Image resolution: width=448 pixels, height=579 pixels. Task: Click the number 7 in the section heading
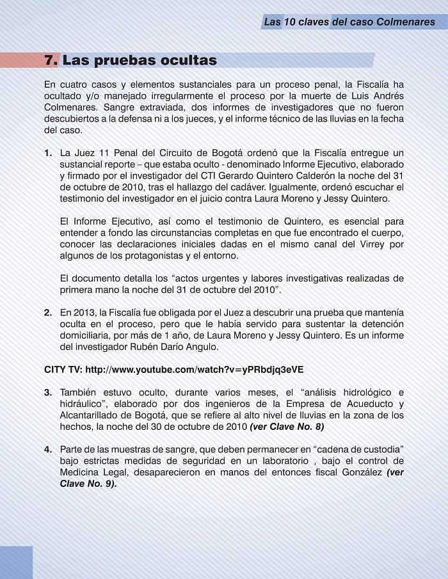(50, 61)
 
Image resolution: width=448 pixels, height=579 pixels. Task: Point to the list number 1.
(49, 152)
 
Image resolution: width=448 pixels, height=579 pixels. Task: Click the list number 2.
(49, 312)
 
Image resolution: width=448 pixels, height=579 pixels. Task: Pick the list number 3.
(49, 392)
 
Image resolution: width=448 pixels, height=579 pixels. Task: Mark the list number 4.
(49, 449)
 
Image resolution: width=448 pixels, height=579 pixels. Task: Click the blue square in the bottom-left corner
(16, 562)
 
